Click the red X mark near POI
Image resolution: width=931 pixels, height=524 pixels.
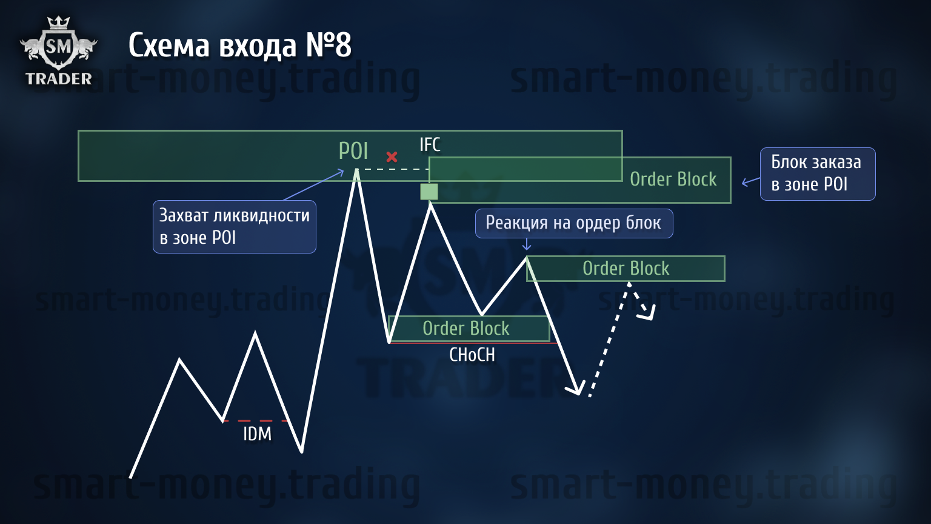[392, 157]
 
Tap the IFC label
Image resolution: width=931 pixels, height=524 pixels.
[430, 145]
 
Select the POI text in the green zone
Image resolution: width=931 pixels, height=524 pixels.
[353, 150]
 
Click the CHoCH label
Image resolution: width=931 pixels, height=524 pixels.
[472, 355]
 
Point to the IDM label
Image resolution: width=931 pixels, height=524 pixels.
[257, 434]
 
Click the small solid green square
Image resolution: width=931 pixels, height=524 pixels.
[429, 192]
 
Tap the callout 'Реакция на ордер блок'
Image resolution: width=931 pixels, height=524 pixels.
[574, 223]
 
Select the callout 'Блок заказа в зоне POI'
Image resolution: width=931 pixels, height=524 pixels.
[818, 174]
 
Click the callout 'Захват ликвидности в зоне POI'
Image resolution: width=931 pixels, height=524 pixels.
[235, 227]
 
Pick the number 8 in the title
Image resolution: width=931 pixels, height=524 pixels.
[343, 45]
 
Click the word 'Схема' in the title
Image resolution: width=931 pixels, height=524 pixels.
[169, 45]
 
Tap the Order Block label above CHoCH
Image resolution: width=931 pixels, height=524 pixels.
[466, 329]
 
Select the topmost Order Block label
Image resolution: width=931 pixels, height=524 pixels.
[673, 180]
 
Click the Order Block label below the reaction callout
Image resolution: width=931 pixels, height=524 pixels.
[626, 268]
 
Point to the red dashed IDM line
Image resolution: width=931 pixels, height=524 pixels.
[255, 421]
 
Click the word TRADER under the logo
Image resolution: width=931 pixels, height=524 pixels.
[59, 79]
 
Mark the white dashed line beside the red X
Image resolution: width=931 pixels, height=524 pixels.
[393, 169]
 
